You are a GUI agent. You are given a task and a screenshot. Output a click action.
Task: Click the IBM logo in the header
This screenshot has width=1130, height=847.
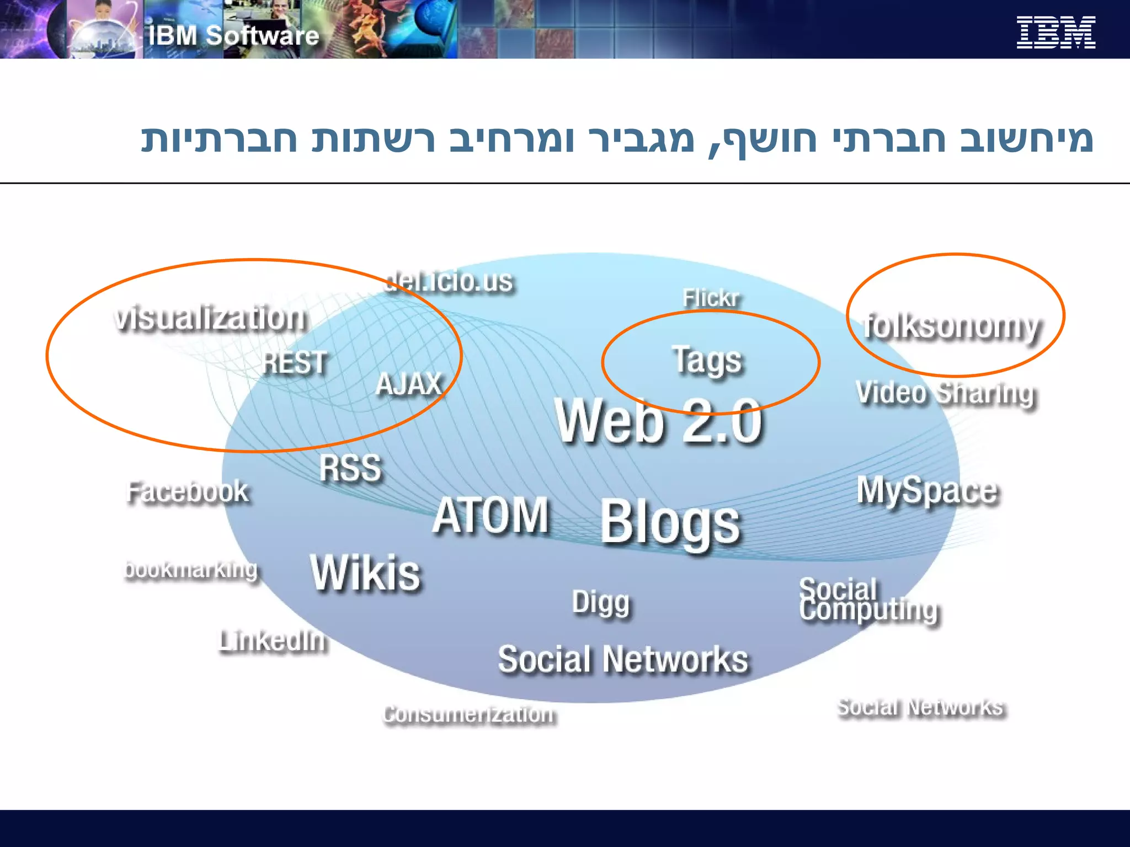tap(1056, 33)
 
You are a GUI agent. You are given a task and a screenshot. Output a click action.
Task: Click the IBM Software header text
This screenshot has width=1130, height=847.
tap(234, 36)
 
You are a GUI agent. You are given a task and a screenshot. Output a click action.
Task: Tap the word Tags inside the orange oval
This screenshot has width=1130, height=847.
tap(707, 361)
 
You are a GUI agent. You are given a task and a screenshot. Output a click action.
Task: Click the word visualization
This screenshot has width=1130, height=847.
tap(210, 318)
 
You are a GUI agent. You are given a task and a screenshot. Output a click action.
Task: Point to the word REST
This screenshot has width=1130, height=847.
tap(295, 363)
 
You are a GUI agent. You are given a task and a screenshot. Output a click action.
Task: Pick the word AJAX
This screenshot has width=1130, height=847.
tap(409, 384)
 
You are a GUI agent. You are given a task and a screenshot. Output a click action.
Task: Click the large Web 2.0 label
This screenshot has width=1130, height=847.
tap(659, 421)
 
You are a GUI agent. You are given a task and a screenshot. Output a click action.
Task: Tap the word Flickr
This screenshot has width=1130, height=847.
tap(711, 298)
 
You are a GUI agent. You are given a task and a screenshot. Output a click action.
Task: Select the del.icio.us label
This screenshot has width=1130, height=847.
tap(449, 281)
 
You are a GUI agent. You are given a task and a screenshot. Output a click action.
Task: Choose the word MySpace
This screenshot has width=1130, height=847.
tap(928, 490)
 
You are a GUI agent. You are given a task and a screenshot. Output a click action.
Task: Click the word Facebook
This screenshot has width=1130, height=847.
tap(188, 491)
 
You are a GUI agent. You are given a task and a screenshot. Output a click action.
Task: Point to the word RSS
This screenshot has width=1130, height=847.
tap(350, 468)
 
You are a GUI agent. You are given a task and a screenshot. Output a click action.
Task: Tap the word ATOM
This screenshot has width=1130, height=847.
tap(491, 515)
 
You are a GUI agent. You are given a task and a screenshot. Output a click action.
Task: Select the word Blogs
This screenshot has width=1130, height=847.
tap(670, 523)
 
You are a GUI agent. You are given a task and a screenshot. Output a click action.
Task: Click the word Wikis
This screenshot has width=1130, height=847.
tap(365, 573)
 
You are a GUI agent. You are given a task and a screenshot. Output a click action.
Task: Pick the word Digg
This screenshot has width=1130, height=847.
tap(601, 602)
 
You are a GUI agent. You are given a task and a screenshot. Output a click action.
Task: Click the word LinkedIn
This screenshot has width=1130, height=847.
tap(273, 641)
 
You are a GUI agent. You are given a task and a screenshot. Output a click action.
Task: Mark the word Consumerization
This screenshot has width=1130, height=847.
tap(470, 714)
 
